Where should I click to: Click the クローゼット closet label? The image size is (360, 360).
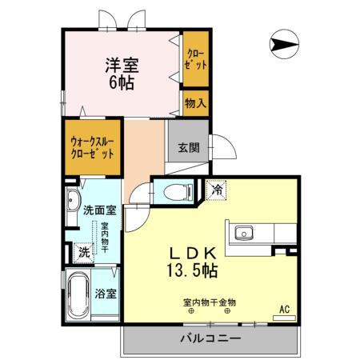click(194, 58)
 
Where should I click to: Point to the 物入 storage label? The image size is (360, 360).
click(194, 102)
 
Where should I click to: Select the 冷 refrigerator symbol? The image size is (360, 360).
click(217, 190)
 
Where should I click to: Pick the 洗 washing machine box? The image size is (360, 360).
click(83, 252)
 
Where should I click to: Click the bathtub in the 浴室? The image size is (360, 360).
click(78, 295)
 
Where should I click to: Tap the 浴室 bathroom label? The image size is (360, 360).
click(106, 293)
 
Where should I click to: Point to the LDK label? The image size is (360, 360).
click(193, 250)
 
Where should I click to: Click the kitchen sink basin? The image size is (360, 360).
click(243, 234)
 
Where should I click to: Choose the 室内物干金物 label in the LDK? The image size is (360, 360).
click(209, 302)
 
